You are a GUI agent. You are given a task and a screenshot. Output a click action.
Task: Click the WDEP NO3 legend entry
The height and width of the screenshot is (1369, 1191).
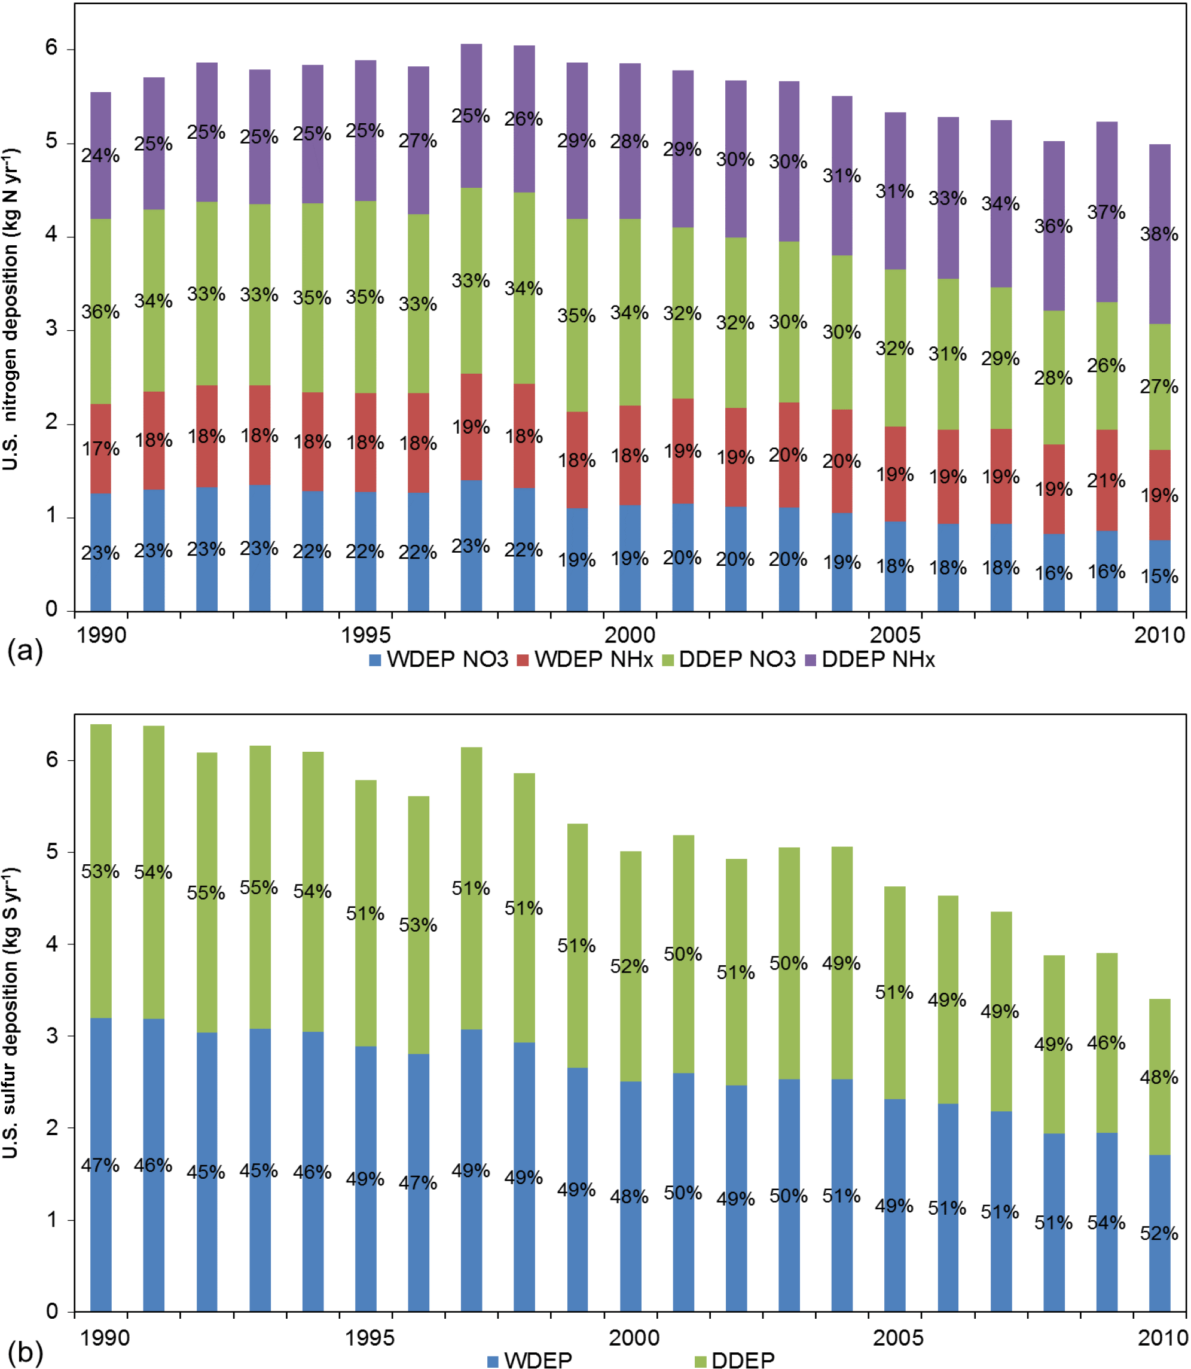pos(439,660)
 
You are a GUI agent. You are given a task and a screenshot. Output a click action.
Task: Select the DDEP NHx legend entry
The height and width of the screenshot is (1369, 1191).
pos(870,660)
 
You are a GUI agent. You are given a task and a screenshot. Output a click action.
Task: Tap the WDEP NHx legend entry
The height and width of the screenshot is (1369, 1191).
pos(585,660)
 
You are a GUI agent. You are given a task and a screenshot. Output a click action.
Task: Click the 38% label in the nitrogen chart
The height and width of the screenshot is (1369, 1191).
pos(1159,234)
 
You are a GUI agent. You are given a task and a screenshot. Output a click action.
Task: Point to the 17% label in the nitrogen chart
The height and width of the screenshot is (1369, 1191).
pos(100,449)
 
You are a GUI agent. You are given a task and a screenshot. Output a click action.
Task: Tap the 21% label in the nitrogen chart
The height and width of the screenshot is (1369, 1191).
pos(1106,481)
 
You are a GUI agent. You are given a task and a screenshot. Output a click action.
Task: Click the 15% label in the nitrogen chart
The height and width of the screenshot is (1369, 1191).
pos(1159,576)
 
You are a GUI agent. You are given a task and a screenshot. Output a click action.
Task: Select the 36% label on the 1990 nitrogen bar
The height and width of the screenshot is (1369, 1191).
pos(100,312)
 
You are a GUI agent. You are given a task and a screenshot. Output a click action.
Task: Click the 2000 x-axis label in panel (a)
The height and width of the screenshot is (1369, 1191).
pos(630,635)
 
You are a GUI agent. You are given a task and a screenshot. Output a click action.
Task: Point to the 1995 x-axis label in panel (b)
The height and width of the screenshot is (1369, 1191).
pos(369,1337)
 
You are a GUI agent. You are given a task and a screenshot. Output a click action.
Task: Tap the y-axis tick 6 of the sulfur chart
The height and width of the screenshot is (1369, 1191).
pos(52,760)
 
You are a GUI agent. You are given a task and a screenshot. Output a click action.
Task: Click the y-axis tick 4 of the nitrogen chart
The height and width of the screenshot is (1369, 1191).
pos(52,236)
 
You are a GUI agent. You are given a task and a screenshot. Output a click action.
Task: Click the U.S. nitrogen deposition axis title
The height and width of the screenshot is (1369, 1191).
pos(11,309)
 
